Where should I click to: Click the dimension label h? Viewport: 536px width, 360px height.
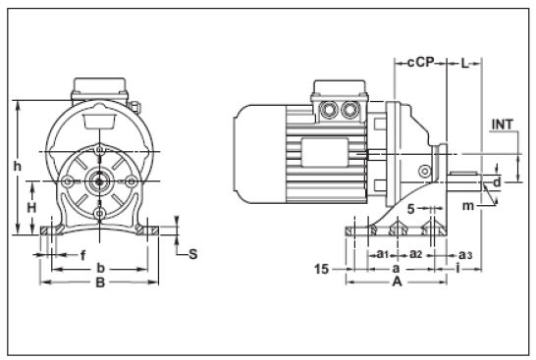[x=17, y=166]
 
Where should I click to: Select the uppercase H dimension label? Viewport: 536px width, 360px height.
[x=30, y=208]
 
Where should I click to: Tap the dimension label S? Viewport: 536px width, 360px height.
[x=192, y=253]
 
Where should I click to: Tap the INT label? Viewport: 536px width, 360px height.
[x=501, y=125]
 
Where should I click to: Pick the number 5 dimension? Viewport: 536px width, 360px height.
[x=410, y=208]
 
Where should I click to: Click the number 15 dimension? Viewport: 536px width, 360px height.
[x=320, y=267]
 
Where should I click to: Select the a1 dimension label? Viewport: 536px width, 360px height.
[x=384, y=254]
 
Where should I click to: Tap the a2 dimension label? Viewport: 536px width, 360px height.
[x=416, y=254]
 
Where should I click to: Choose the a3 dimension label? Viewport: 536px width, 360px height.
[x=465, y=254]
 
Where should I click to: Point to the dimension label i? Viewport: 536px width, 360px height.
[x=460, y=268]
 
